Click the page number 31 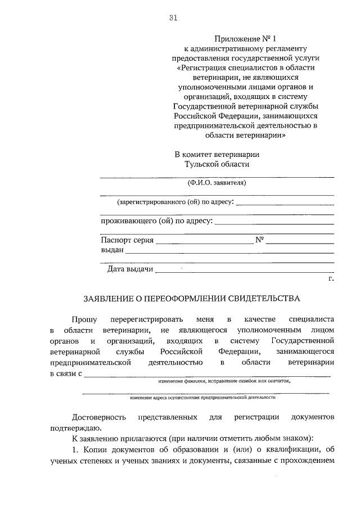(x=173, y=18)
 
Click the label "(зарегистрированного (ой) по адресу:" (x=175, y=201)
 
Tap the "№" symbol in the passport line (x=260, y=240)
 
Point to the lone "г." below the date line (x=331, y=278)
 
